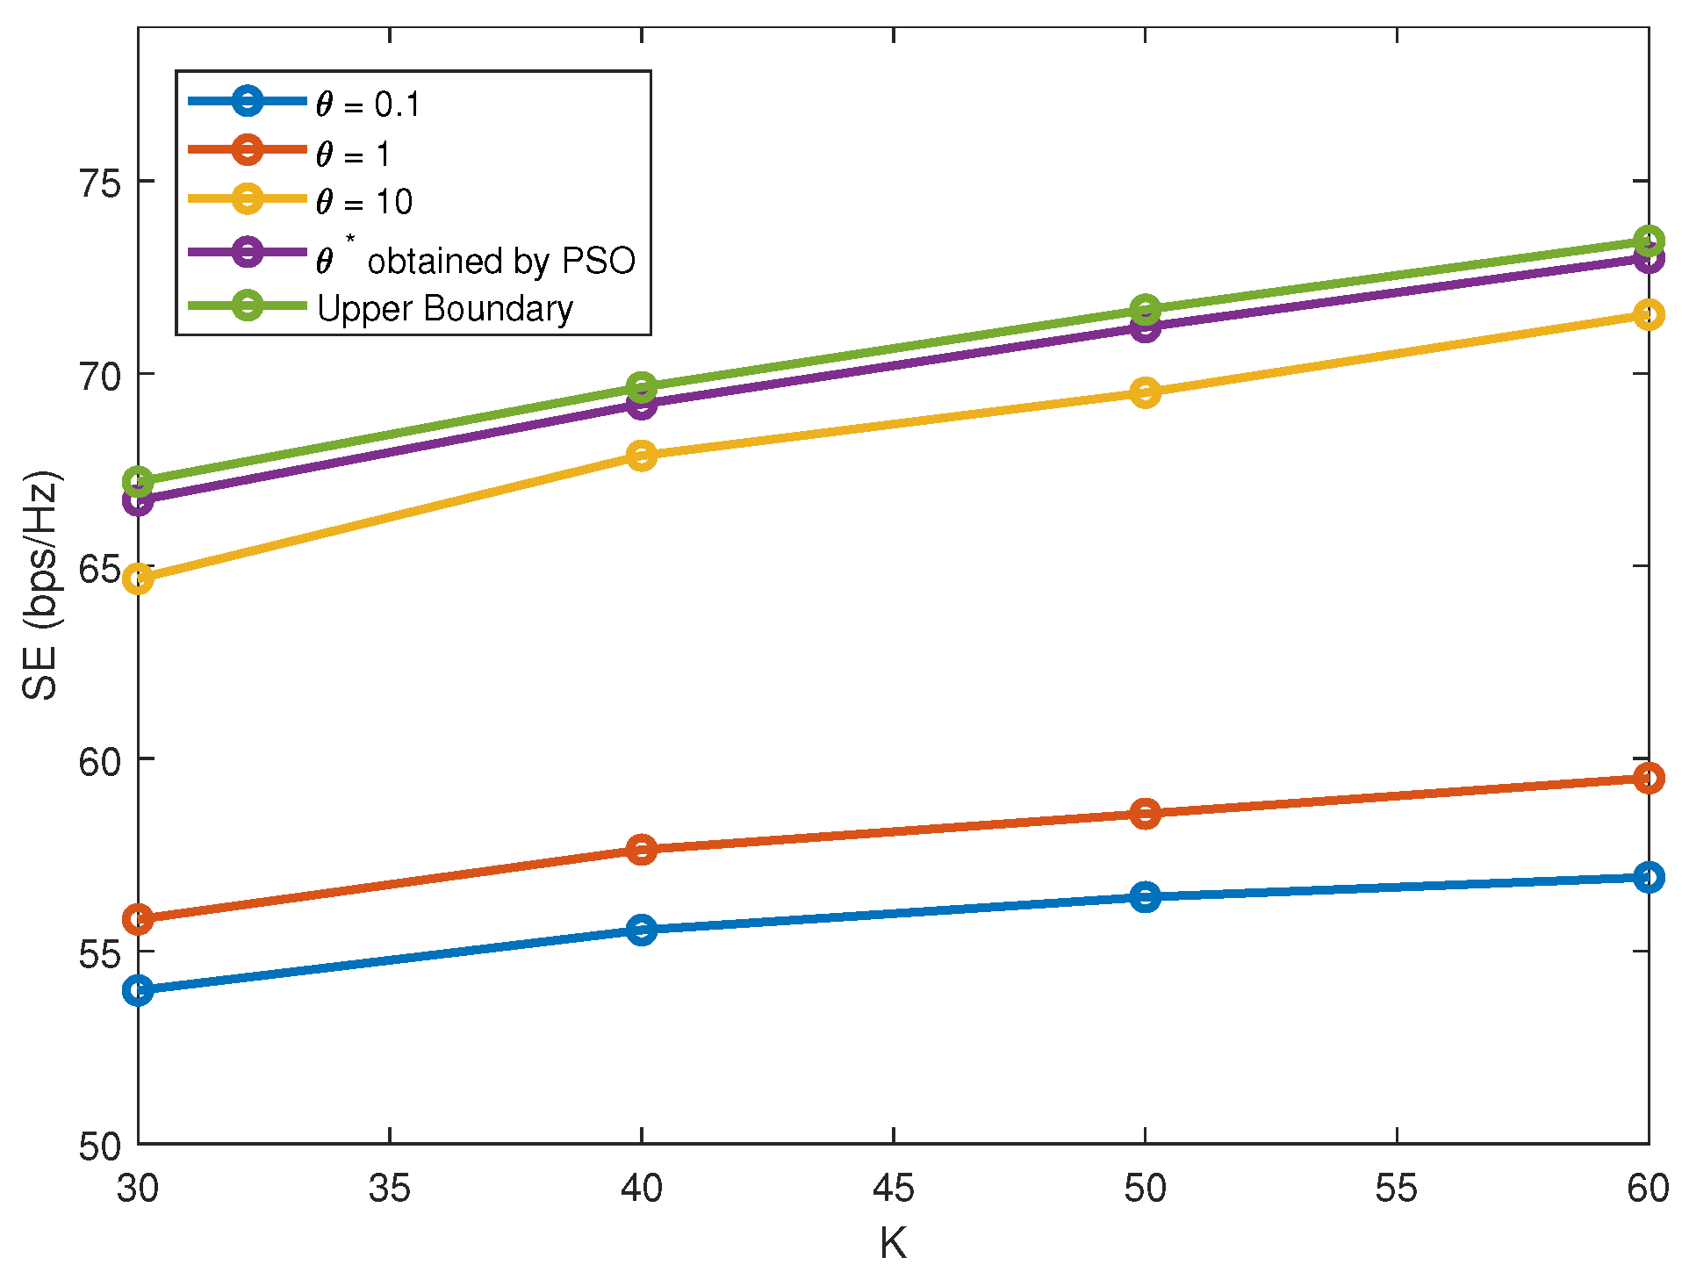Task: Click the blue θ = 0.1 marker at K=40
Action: (642, 929)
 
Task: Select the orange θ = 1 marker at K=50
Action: (1145, 814)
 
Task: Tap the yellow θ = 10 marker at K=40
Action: (642, 456)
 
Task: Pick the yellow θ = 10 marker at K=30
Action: (139, 579)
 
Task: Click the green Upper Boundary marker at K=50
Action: (1145, 310)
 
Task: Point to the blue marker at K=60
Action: (1648, 877)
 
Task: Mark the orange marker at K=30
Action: (139, 920)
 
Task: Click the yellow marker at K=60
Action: (1648, 314)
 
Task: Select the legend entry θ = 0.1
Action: (368, 104)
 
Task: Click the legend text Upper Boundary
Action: (444, 309)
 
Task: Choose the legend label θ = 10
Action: (363, 203)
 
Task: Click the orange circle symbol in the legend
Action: (248, 150)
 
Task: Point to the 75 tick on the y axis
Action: (98, 183)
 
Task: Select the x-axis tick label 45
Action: (893, 1189)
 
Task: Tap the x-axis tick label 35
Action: (390, 1189)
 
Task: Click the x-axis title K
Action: (893, 1243)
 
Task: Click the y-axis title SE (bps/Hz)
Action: (40, 586)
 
